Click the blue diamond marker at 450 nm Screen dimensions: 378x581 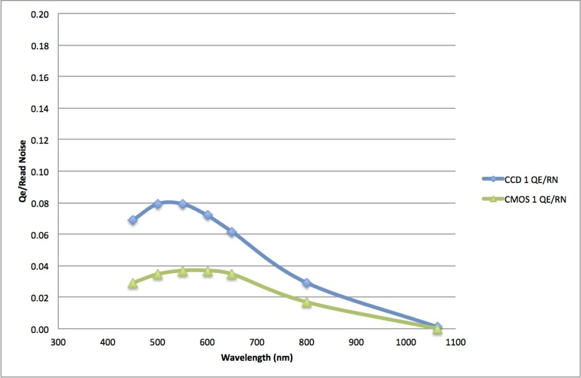pyautogui.click(x=133, y=220)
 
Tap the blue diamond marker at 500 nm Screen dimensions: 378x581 pyautogui.click(x=158, y=204)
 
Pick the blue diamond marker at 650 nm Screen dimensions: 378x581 pyautogui.click(x=231, y=232)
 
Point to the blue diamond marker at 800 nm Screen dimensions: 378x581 pyautogui.click(x=306, y=283)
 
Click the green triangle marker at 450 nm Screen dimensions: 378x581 pyautogui.click(x=133, y=283)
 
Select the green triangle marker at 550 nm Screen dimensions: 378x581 pyautogui.click(x=183, y=271)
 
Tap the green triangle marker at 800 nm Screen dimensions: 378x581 pyautogui.click(x=306, y=302)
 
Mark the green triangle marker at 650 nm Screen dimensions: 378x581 pyautogui.click(x=231, y=274)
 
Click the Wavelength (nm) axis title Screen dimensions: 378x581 pyautogui.click(x=256, y=358)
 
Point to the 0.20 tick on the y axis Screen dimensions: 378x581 pyautogui.click(x=40, y=14)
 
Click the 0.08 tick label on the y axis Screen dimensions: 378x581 pyautogui.click(x=40, y=203)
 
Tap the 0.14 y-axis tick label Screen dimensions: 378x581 pyautogui.click(x=40, y=108)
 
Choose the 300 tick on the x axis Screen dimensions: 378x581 pyautogui.click(x=58, y=342)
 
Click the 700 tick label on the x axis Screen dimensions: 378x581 pyautogui.click(x=256, y=342)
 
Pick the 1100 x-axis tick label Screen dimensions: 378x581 pyautogui.click(x=455, y=342)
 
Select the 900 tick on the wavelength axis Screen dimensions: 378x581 pyautogui.click(x=356, y=342)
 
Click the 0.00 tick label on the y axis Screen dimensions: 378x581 pyautogui.click(x=40, y=329)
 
